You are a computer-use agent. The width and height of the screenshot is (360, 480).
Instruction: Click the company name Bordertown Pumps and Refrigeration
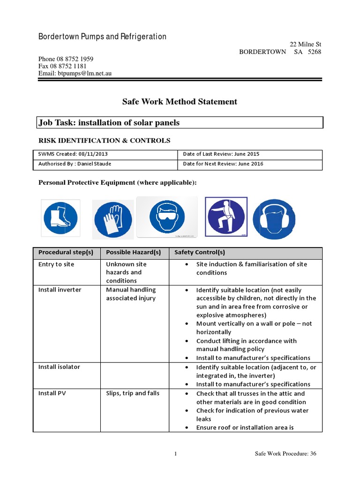(102, 37)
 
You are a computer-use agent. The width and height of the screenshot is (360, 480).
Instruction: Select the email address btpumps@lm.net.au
(75, 74)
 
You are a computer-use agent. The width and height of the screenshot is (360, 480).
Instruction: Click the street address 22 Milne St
(305, 45)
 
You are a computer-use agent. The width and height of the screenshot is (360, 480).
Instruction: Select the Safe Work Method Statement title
(180, 102)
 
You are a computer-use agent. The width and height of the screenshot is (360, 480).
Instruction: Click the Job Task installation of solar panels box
(180, 123)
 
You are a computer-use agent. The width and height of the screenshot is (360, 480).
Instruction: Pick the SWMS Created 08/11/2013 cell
(106, 154)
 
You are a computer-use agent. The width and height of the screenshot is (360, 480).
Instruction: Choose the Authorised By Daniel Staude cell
(106, 164)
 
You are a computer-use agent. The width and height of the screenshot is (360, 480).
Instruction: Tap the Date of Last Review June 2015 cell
(250, 154)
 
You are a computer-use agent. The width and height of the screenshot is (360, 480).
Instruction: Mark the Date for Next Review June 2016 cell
(250, 164)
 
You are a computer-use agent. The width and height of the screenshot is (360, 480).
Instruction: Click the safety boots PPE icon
(60, 218)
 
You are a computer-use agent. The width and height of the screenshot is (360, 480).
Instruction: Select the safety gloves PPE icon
(112, 219)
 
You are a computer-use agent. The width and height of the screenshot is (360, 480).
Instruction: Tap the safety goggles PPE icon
(167, 217)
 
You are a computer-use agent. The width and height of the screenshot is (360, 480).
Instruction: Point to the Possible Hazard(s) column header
(134, 252)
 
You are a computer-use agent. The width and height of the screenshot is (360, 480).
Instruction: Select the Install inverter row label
(60, 290)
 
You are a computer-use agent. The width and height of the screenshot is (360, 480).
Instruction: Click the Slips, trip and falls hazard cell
(133, 393)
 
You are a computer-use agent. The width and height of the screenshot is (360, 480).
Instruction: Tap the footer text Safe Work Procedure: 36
(285, 453)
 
